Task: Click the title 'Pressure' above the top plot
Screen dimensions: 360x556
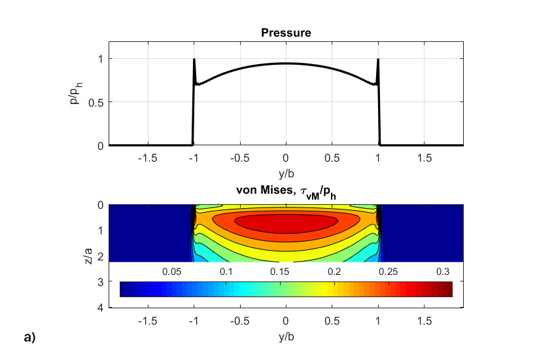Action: tap(286, 33)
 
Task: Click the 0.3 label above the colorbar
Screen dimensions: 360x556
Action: tap(442, 271)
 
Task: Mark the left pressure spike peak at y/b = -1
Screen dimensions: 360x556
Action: tap(194, 60)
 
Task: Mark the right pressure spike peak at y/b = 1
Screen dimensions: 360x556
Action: tap(378, 60)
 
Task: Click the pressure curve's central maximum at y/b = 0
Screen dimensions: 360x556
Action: tap(286, 63)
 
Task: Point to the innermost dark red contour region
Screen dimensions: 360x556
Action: tap(286, 224)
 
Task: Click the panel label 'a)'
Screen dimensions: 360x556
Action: tap(29, 338)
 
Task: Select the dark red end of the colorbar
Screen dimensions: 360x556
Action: tap(447, 289)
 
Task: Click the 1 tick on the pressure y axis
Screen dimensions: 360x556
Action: tap(101, 58)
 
